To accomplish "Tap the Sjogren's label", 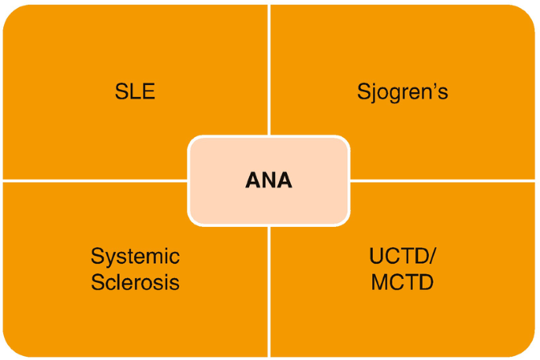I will [403, 91].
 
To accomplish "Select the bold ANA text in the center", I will [268, 180].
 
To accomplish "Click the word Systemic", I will [135, 256].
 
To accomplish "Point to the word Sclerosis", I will [135, 281].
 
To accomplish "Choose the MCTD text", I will [402, 281].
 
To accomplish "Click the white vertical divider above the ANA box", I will [270, 71].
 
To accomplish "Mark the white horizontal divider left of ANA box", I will [95, 180].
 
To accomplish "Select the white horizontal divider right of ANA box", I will [441, 180].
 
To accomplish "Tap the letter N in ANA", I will [268, 180].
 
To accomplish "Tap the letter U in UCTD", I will [376, 256].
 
